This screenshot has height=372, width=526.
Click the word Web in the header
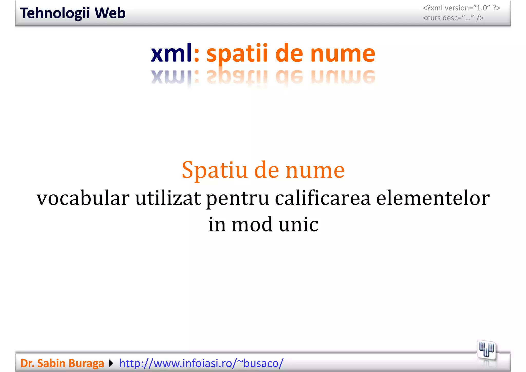click(110, 13)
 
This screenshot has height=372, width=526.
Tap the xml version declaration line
click(461, 8)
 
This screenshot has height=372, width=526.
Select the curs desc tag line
click(453, 18)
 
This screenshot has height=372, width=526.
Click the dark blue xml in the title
click(171, 53)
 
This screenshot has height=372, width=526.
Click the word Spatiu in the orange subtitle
click(214, 170)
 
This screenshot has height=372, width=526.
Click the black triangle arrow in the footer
click(111, 363)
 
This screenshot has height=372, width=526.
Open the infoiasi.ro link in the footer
click(201, 363)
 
